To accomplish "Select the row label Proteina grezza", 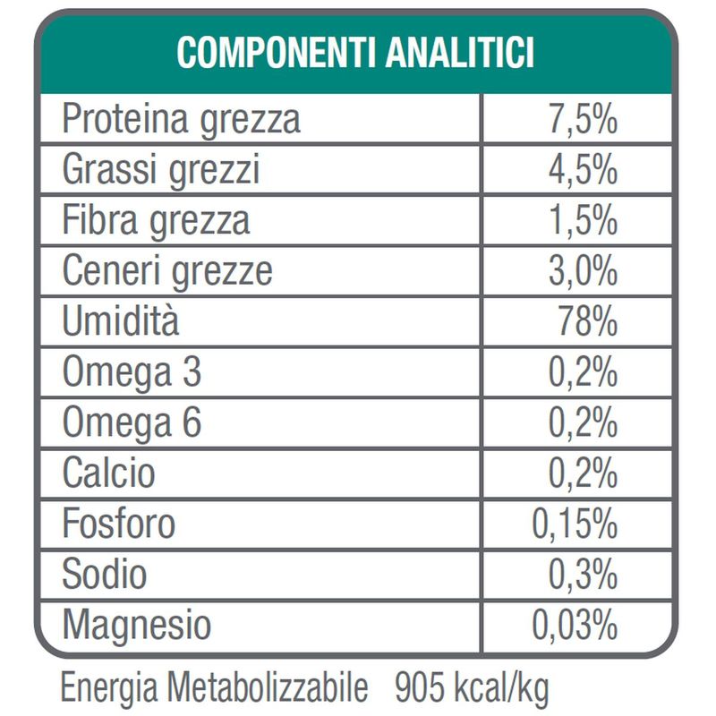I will (181, 120).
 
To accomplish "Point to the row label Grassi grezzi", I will (161, 168).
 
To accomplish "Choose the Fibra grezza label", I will (156, 218).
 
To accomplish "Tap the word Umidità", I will (120, 320).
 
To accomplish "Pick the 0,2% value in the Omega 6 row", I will (582, 421).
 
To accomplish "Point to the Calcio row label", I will (108, 472).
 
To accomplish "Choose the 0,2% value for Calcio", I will (582, 472).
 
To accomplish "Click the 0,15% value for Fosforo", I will (575, 524).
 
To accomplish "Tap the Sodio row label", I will (104, 573).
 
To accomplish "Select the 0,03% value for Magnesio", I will (575, 624).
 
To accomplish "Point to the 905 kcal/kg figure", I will (471, 689).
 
